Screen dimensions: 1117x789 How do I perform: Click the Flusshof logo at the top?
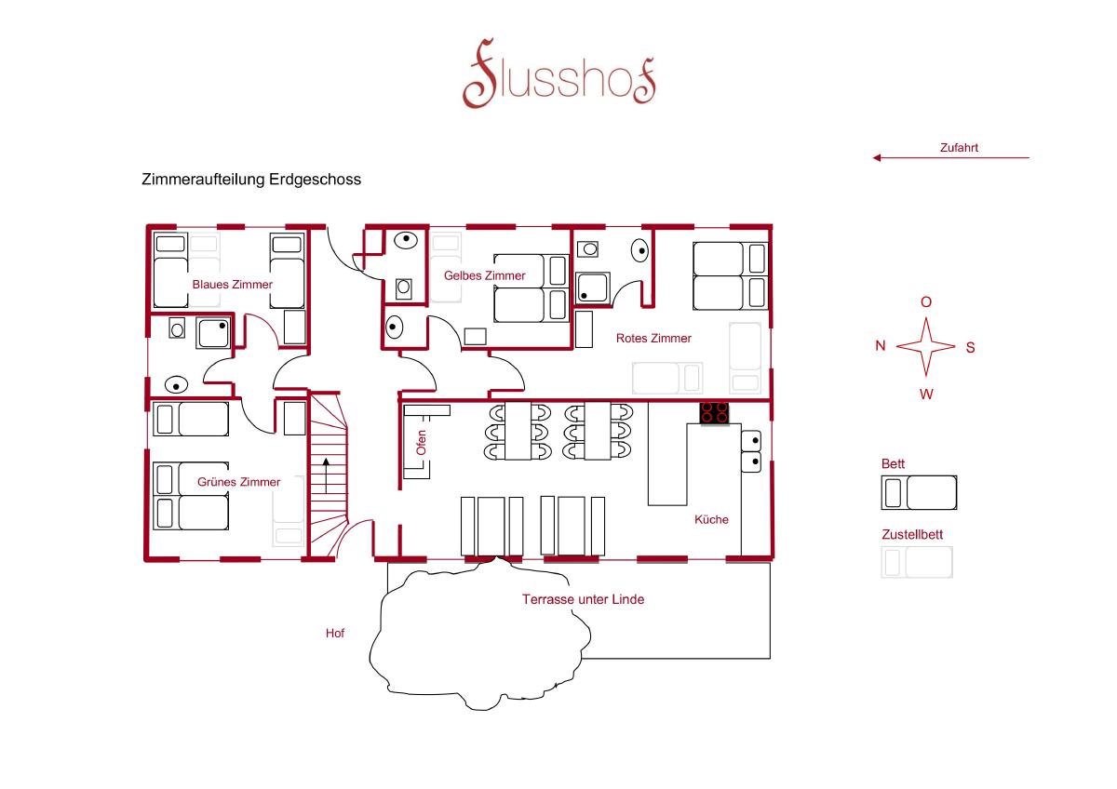[559, 74]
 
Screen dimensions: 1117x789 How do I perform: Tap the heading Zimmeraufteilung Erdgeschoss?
[251, 180]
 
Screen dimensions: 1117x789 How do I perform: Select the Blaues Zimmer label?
[233, 285]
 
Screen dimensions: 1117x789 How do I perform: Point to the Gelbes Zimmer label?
[485, 275]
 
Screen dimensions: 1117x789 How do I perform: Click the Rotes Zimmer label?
[653, 339]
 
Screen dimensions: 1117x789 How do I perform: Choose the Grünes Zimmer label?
[239, 482]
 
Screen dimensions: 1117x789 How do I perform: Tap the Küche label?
[711, 519]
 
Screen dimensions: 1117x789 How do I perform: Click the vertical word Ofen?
[422, 443]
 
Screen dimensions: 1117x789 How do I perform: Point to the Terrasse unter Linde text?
[583, 599]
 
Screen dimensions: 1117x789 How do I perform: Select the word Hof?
[335, 633]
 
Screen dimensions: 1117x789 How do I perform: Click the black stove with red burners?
[714, 413]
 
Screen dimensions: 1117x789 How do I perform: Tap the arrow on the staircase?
[326, 475]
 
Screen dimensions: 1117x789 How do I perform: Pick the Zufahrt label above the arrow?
[959, 148]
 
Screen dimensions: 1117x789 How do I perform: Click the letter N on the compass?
[881, 345]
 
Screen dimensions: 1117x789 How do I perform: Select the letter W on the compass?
[926, 394]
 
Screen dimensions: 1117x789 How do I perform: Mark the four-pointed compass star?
[926, 346]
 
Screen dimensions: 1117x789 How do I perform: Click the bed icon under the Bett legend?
[919, 492]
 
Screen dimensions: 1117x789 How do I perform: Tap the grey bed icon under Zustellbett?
[917, 562]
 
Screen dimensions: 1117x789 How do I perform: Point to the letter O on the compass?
[926, 302]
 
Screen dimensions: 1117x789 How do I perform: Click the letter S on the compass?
[970, 347]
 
